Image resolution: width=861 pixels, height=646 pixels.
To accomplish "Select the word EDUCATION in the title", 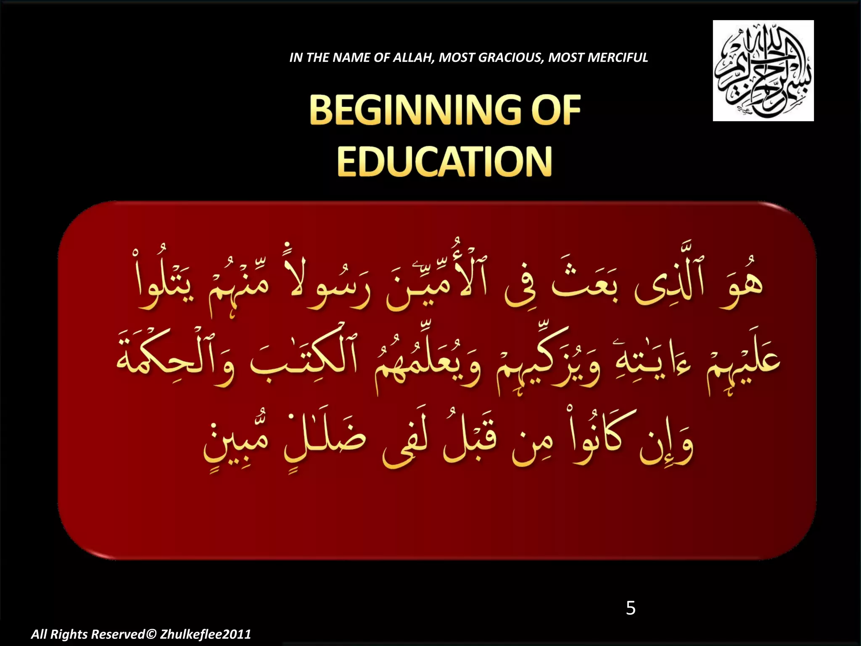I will (x=444, y=162).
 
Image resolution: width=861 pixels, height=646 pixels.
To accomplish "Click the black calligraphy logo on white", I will (x=763, y=71).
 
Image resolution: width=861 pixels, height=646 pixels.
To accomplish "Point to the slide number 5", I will (x=631, y=608).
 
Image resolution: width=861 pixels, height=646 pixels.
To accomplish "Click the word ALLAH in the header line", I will (x=413, y=58).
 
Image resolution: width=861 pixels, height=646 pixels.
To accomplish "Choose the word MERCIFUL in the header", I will (x=618, y=58).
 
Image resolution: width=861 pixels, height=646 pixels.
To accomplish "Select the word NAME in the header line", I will (x=348, y=58).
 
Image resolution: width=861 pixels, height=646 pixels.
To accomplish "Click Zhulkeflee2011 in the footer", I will (x=206, y=634).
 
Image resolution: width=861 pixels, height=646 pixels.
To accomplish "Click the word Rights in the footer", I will (x=69, y=634).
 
